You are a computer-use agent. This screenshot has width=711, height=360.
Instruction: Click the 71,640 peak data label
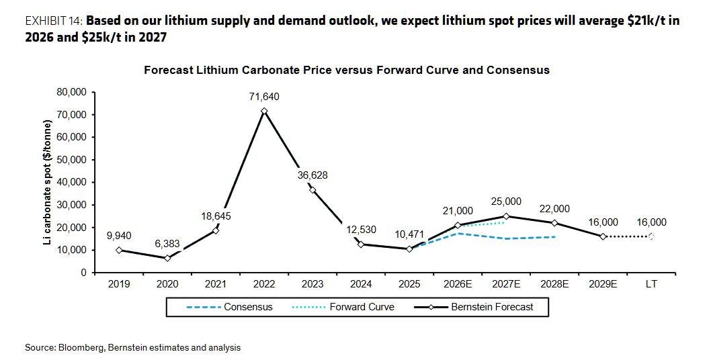(264, 97)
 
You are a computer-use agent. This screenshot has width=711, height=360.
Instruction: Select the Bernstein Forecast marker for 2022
(264, 111)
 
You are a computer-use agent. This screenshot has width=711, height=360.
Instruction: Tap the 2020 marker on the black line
(167, 258)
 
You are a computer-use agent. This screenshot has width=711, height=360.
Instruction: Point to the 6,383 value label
(167, 244)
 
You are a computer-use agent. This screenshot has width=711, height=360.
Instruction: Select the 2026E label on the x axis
(458, 285)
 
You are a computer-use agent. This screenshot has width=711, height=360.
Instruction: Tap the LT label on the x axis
(651, 285)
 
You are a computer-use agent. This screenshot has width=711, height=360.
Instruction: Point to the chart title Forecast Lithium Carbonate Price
(347, 70)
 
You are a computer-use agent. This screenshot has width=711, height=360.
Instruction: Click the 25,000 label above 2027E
(506, 201)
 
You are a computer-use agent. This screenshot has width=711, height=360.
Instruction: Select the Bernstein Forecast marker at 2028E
(554, 223)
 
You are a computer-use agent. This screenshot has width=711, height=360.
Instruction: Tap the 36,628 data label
(312, 175)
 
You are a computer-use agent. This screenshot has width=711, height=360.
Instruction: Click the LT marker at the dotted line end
(651, 236)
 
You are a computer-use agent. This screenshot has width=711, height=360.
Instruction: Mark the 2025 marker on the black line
(409, 249)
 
